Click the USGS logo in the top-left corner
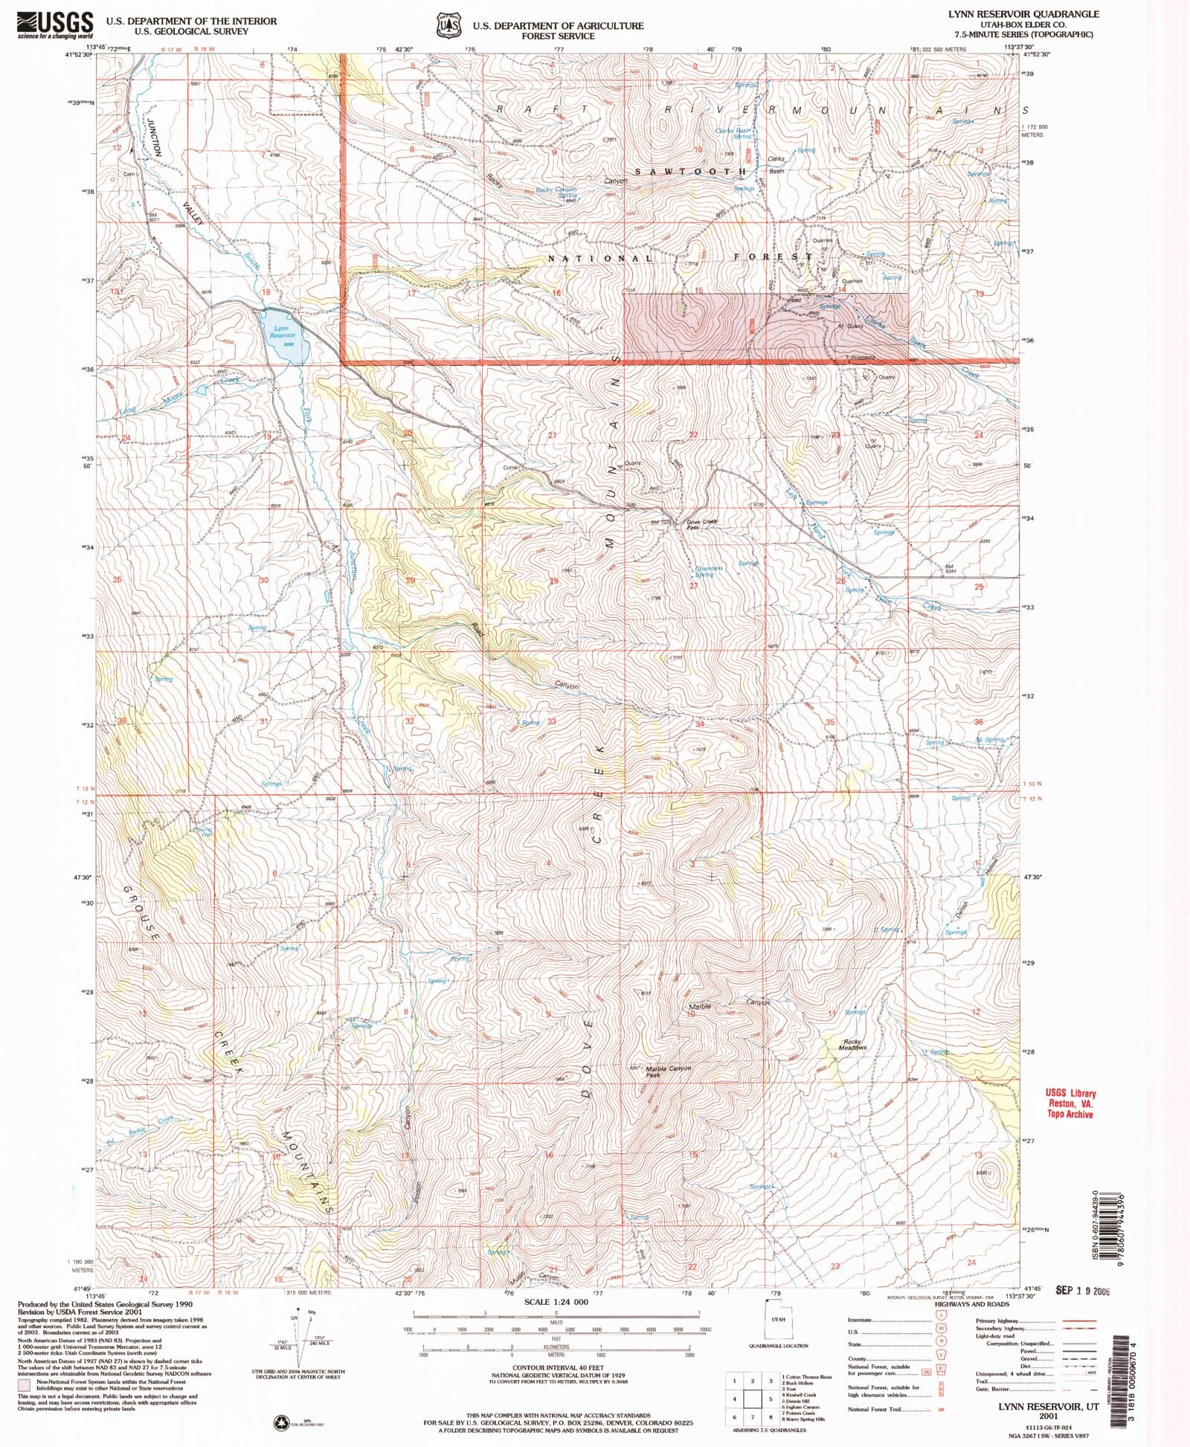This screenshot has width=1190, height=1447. tap(55, 25)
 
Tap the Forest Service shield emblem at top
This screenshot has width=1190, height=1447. tap(448, 25)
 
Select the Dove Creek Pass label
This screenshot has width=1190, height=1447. tap(701, 523)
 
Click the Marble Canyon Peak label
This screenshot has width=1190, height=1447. tap(668, 1071)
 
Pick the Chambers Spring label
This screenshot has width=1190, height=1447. tap(707, 571)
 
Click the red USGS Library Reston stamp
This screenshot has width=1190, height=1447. tap(1070, 1103)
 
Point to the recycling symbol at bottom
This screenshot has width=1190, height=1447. tap(281, 1422)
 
